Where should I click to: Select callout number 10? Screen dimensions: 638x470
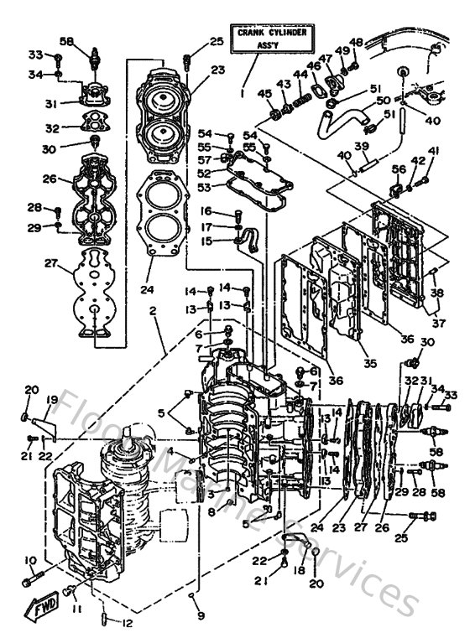(30, 560)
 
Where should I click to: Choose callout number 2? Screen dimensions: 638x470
(153, 310)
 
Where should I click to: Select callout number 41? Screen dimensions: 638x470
(433, 151)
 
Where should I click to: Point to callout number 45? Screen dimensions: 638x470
(264, 93)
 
